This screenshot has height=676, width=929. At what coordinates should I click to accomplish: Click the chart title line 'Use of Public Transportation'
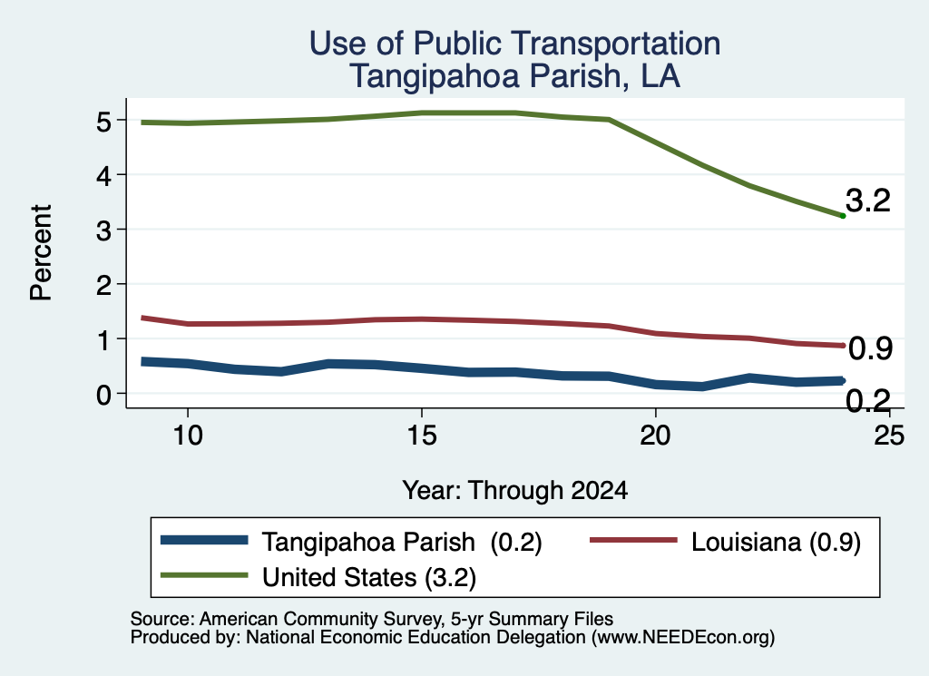(514, 44)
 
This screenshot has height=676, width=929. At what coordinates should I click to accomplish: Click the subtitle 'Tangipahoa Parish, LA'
(514, 76)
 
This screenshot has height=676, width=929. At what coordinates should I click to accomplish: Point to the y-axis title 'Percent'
(41, 253)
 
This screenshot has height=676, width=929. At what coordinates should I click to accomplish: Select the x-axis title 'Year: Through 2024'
(515, 491)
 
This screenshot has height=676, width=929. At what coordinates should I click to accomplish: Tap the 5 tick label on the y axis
(103, 122)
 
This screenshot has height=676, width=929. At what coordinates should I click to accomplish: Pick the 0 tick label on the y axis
(103, 395)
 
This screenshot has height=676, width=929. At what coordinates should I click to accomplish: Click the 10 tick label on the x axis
(188, 436)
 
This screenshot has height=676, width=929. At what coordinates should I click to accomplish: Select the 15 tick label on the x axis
(422, 436)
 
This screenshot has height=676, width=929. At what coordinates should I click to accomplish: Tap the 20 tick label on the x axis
(655, 436)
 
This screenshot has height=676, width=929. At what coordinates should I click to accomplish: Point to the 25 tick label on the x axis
(889, 436)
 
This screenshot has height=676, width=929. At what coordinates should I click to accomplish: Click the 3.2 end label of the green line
(868, 201)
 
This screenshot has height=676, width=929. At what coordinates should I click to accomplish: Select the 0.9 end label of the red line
(870, 348)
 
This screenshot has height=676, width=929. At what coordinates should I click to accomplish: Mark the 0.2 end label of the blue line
(868, 401)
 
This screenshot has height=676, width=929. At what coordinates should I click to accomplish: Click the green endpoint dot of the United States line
(843, 216)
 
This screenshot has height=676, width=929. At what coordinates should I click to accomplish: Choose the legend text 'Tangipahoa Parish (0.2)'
(402, 542)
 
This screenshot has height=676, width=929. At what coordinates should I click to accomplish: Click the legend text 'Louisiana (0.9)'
(776, 542)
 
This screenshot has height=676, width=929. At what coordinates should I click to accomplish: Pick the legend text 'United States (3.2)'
(369, 577)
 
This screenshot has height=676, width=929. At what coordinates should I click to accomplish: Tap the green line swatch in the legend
(204, 575)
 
